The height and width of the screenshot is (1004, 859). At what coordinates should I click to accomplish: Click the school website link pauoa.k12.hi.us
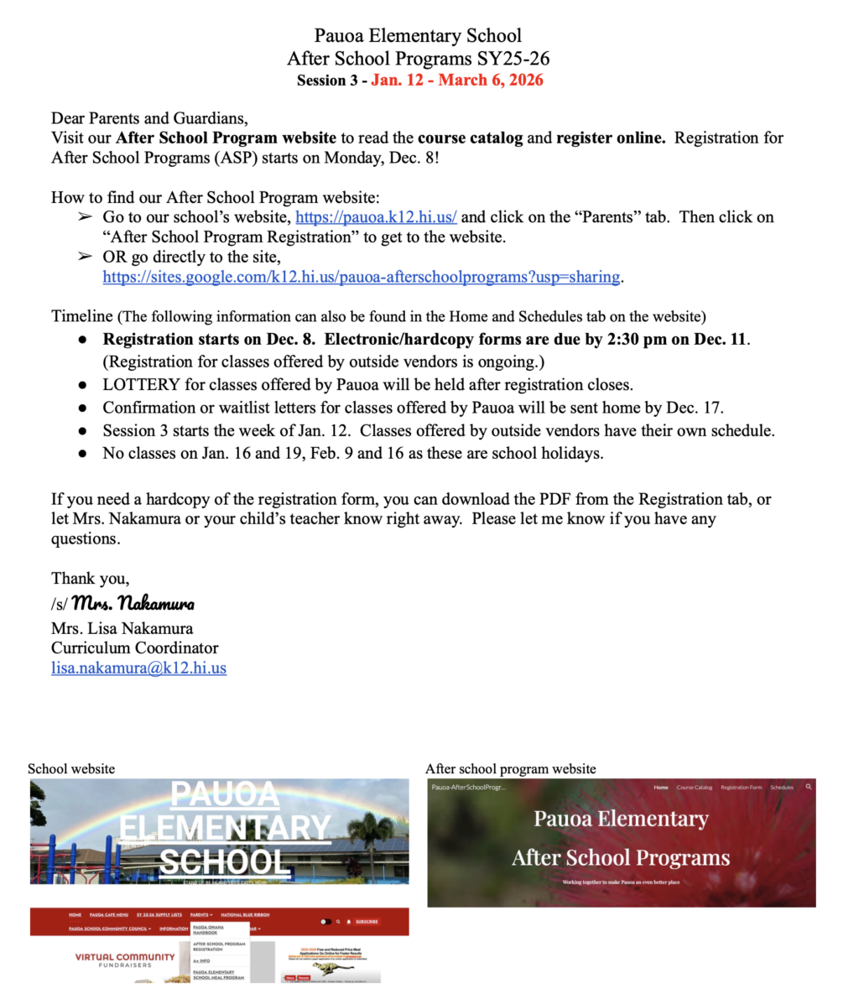pyautogui.click(x=376, y=217)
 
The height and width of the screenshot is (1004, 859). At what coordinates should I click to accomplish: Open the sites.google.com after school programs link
pyautogui.click(x=361, y=277)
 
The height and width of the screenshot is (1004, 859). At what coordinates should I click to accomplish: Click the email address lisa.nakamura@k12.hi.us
pyautogui.click(x=138, y=668)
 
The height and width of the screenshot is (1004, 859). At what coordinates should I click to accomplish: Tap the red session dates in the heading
pyautogui.click(x=457, y=81)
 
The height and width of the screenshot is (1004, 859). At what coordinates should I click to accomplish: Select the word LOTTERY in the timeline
pyautogui.click(x=141, y=385)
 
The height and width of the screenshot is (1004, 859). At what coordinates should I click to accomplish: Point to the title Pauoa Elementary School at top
pyautogui.click(x=418, y=36)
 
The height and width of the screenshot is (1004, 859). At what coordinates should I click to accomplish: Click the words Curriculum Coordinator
pyautogui.click(x=134, y=648)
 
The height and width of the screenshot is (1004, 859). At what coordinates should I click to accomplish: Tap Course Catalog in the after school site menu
pyautogui.click(x=695, y=788)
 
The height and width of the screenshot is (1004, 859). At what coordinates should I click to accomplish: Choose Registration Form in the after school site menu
pyautogui.click(x=741, y=788)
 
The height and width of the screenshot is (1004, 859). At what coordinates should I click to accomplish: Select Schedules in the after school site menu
pyautogui.click(x=782, y=788)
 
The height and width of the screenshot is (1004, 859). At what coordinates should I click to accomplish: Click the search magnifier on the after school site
pyautogui.click(x=809, y=787)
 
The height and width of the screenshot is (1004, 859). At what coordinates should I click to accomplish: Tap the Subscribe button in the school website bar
pyautogui.click(x=367, y=921)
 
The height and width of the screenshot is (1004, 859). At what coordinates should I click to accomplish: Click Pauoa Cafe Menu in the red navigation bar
pyautogui.click(x=109, y=915)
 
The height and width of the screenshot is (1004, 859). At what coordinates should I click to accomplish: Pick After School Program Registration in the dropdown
pyautogui.click(x=219, y=947)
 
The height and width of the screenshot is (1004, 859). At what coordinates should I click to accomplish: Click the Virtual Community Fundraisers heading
pyautogui.click(x=113, y=960)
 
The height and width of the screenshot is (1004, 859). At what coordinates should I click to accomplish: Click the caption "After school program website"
pyautogui.click(x=510, y=769)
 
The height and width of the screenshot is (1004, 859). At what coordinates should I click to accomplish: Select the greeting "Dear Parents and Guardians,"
pyautogui.click(x=149, y=118)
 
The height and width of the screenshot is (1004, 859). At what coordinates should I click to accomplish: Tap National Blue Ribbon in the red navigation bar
pyautogui.click(x=245, y=915)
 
